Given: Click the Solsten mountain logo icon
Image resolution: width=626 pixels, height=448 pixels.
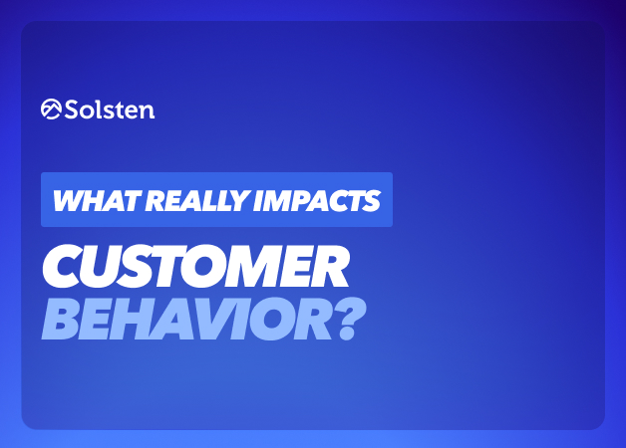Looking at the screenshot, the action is [x=51, y=109].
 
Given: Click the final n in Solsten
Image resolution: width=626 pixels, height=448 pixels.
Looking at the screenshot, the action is [x=147, y=112].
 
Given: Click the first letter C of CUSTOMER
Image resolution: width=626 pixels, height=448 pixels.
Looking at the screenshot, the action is [x=63, y=266].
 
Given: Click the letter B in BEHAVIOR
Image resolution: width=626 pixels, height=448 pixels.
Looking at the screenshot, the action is [x=61, y=319].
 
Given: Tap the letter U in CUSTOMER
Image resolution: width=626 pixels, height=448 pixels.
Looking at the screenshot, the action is [x=107, y=266].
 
